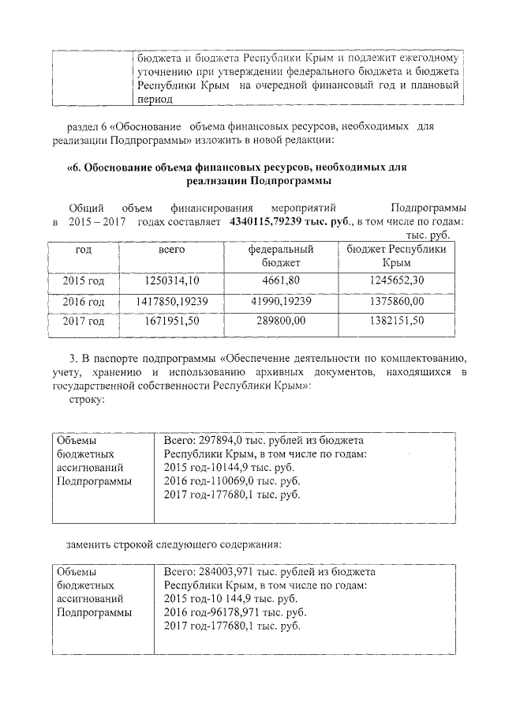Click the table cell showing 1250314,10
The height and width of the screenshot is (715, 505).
click(172, 281)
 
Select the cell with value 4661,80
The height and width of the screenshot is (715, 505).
click(281, 281)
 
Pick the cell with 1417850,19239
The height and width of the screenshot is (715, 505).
click(172, 301)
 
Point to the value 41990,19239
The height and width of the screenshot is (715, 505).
click(281, 301)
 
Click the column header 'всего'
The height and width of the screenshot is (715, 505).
click(172, 250)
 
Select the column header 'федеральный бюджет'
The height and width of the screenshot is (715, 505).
click(281, 255)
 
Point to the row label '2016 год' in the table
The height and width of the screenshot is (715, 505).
click(84, 301)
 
